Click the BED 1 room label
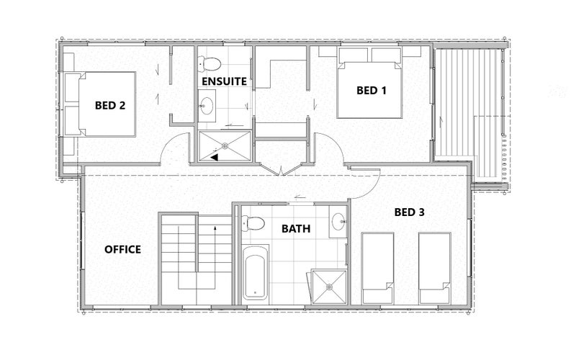(372, 91)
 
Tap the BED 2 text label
(110, 105)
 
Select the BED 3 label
(409, 212)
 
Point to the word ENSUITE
(224, 81)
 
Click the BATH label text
(296, 229)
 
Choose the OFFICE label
(122, 249)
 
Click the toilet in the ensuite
(209, 63)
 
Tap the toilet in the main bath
(253, 223)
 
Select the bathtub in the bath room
(256, 272)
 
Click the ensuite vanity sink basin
(207, 105)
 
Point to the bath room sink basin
(338, 222)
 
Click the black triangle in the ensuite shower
(214, 157)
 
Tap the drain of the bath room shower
(329, 287)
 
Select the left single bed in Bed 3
(378, 268)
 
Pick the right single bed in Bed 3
(435, 268)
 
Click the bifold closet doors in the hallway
(281, 169)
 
